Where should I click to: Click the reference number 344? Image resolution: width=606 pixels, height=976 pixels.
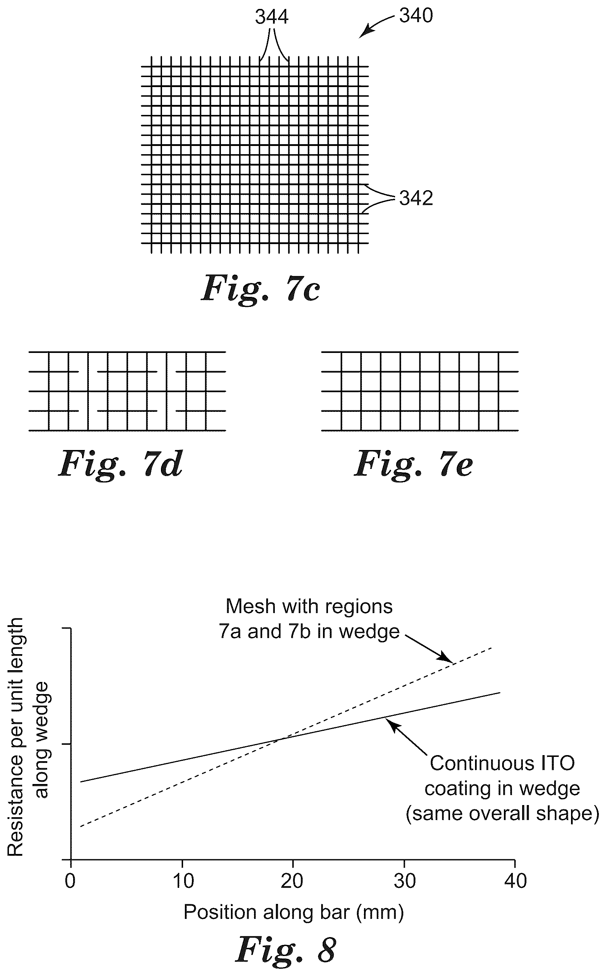point(272,17)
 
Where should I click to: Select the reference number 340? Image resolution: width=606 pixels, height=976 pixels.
point(416,16)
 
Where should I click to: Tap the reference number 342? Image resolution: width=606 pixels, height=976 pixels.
point(416,198)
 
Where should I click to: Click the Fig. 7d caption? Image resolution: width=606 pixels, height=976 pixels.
point(121,464)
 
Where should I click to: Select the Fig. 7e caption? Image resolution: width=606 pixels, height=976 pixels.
point(413,464)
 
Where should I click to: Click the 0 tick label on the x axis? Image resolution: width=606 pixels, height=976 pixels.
point(70,881)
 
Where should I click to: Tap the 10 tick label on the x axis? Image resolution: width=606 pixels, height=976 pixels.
point(183,881)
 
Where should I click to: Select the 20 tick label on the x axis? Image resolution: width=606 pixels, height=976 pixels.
point(293,881)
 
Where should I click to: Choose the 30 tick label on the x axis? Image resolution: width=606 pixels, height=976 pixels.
point(404,881)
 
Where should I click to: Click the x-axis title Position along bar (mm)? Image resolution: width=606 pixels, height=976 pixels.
point(293,912)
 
